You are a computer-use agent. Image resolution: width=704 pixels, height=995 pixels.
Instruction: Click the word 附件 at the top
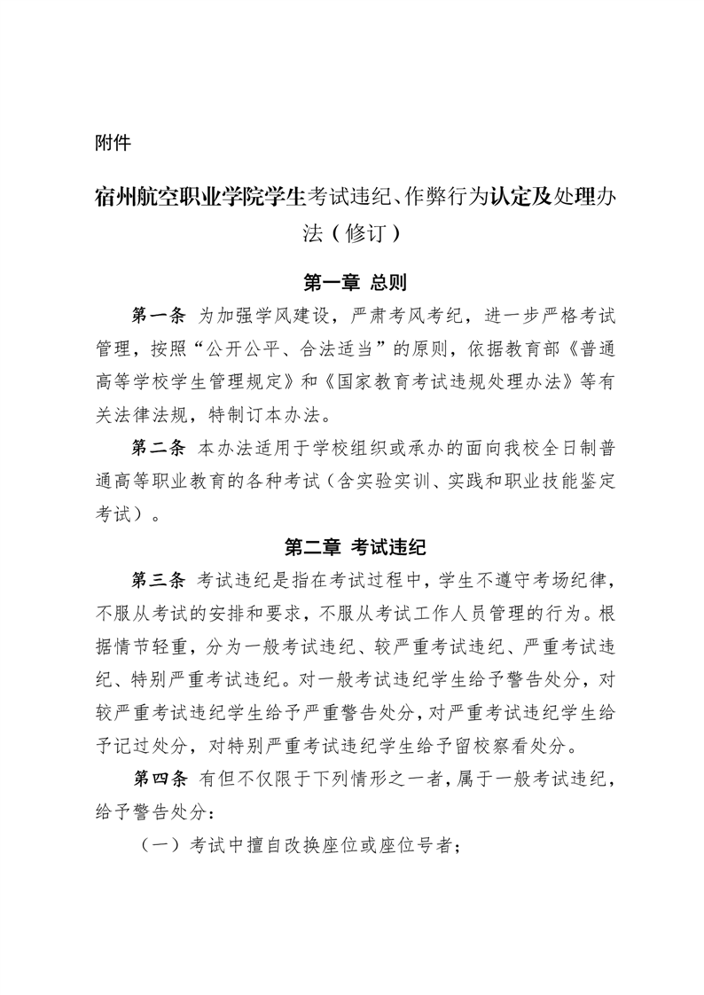click(x=113, y=142)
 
